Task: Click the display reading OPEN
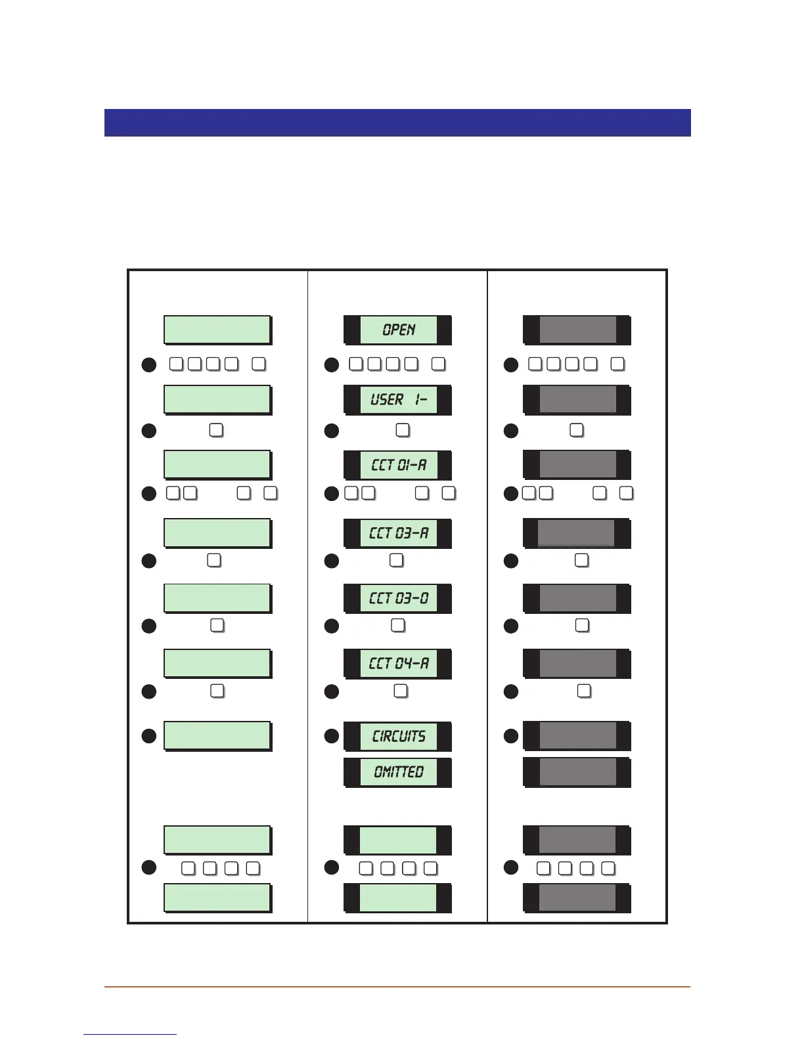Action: click(x=398, y=330)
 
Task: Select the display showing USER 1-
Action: click(x=398, y=399)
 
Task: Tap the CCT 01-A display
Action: click(x=398, y=465)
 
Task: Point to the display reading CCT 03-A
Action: click(x=398, y=532)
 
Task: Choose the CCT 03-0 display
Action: click(x=398, y=598)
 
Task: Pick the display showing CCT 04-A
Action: click(x=398, y=663)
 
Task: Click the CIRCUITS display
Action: click(x=398, y=736)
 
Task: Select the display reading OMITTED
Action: click(x=398, y=772)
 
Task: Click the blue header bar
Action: click(x=397, y=123)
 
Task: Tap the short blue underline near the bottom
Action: click(x=130, y=1034)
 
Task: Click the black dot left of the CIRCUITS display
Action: click(x=332, y=736)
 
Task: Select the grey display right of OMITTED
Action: click(x=577, y=772)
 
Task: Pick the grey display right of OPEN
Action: click(x=577, y=330)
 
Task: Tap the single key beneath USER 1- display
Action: click(x=403, y=430)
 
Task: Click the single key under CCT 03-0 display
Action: click(x=398, y=625)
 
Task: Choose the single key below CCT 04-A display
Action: click(x=401, y=691)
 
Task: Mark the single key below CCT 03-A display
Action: click(x=396, y=560)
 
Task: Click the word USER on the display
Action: click(x=387, y=399)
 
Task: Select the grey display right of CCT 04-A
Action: click(x=577, y=663)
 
